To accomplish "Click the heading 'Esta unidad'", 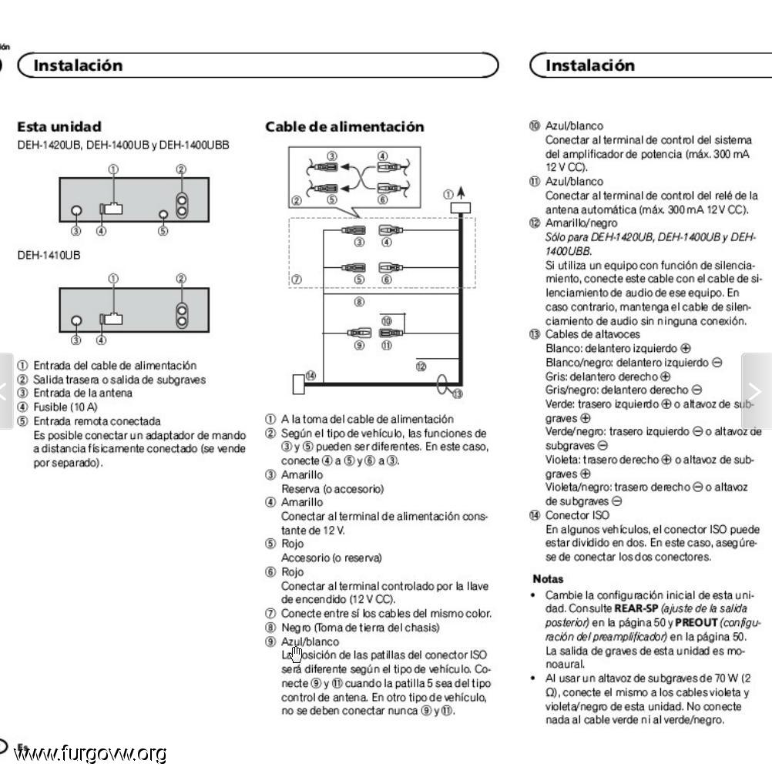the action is tap(59, 127).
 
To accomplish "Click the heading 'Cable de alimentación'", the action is tap(344, 127).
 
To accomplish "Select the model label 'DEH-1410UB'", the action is tap(49, 255).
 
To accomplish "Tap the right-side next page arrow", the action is tap(757, 391).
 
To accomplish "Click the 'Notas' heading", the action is tap(548, 579).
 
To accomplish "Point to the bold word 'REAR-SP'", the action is tap(636, 608).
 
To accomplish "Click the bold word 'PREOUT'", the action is tap(696, 622).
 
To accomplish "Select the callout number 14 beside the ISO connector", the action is tap(310, 376).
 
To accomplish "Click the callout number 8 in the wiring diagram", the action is tap(360, 302).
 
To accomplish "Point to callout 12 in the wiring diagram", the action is tap(421, 367).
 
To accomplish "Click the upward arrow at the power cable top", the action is tap(461, 193).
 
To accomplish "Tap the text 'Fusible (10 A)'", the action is tap(65, 407).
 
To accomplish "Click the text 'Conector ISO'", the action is tap(577, 515).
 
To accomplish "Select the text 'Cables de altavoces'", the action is tap(592, 334).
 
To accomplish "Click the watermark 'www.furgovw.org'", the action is tap(90, 754).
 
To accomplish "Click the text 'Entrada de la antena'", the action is tap(82, 394).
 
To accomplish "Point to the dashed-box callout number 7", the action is tap(297, 280).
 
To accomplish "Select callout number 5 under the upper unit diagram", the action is tap(163, 231).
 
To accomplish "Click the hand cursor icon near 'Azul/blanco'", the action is tap(297, 654).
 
